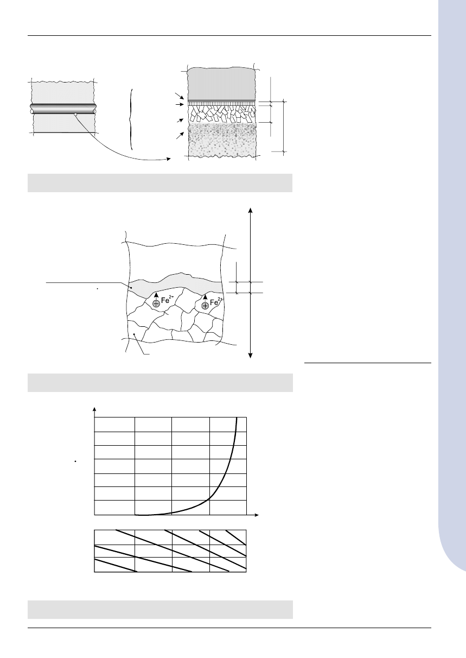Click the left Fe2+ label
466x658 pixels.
tap(168, 300)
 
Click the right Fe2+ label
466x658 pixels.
tap(216, 302)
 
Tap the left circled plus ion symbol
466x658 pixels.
tap(156, 303)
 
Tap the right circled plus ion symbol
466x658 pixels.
tap(205, 306)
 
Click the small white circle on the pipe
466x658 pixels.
tap(76, 114)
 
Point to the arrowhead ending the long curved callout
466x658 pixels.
tap(169, 159)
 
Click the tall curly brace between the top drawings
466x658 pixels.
tap(131, 119)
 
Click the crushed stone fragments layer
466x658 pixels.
tap(221, 114)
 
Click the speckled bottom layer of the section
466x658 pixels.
tap(222, 139)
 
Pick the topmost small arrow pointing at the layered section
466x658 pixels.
tap(180, 96)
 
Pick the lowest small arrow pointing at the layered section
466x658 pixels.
tap(180, 135)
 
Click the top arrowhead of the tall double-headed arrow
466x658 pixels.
tap(250, 210)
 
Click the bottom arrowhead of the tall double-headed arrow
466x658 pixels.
tap(250, 356)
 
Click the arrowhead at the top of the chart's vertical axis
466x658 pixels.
tap(94, 409)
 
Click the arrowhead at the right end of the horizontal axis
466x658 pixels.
tap(257, 515)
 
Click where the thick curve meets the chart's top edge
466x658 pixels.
tap(237, 417)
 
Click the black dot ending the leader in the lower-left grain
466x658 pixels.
tap(134, 334)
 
